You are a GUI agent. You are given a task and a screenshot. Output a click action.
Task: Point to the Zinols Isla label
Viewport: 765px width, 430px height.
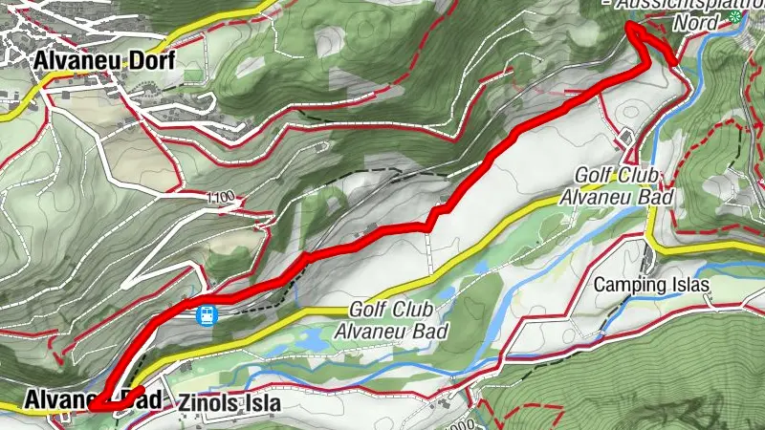coord(229,403)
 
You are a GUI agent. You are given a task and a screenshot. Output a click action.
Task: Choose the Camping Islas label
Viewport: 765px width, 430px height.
coord(652,285)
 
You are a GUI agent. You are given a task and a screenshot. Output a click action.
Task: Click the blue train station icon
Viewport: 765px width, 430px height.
coord(205,313)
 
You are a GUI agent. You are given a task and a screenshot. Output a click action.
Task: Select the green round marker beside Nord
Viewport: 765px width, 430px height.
coord(734,17)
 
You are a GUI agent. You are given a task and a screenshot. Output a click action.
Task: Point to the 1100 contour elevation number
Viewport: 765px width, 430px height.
coord(219,197)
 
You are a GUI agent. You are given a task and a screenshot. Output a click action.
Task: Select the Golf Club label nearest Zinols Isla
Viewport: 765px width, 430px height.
coord(393,320)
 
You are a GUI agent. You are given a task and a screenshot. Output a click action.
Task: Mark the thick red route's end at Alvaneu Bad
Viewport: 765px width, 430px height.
coord(93,409)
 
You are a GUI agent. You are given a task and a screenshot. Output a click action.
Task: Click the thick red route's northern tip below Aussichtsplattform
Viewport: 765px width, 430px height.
coord(631,28)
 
